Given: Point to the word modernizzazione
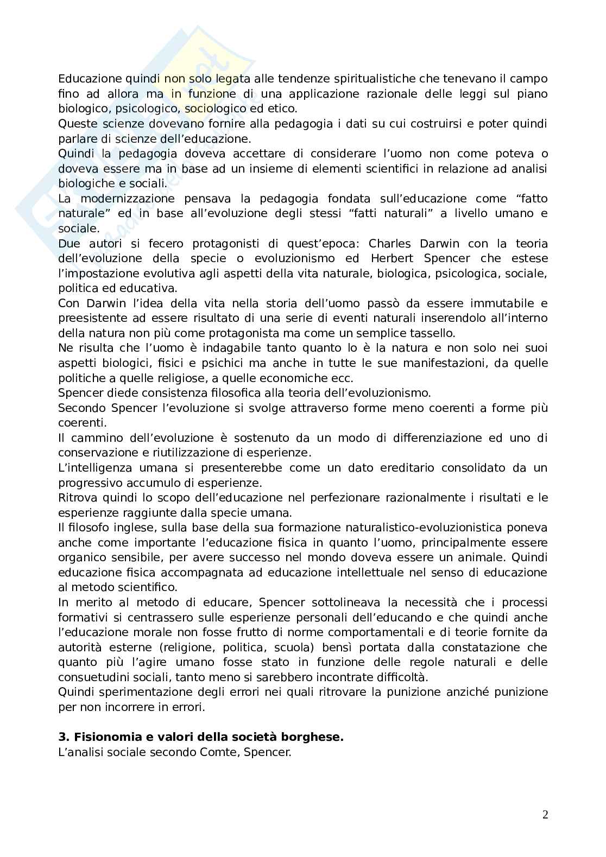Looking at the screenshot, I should [x=128, y=199].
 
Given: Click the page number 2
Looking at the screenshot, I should [x=545, y=815].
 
